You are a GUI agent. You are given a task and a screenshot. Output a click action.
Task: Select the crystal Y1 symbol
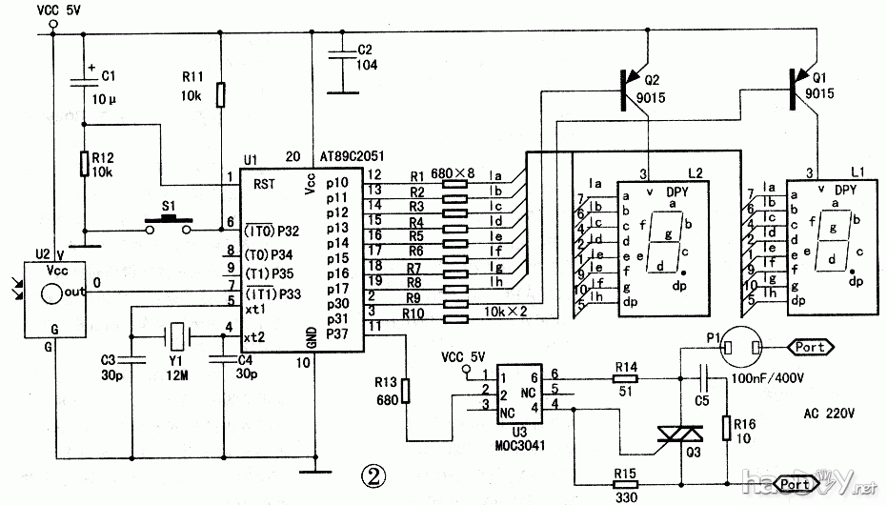click(x=177, y=336)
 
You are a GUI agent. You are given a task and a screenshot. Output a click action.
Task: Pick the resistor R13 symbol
click(x=406, y=391)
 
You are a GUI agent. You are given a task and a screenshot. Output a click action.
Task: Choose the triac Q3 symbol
click(x=679, y=437)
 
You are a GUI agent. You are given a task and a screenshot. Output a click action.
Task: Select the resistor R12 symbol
click(x=84, y=164)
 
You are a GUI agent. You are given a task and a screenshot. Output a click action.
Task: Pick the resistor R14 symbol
click(x=626, y=378)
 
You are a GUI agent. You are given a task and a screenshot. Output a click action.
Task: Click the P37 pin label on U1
click(x=338, y=333)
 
